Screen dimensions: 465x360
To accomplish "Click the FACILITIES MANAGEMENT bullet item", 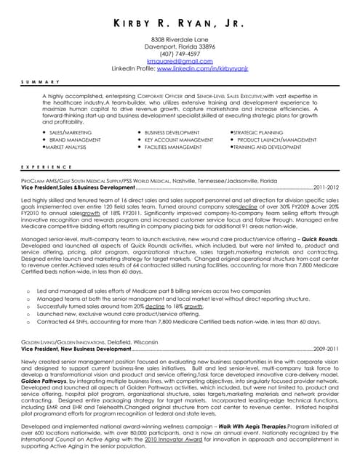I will (x=173, y=146).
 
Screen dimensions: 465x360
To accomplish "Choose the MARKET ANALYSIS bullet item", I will (x=67, y=146).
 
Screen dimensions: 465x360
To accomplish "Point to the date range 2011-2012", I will (x=326, y=187).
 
